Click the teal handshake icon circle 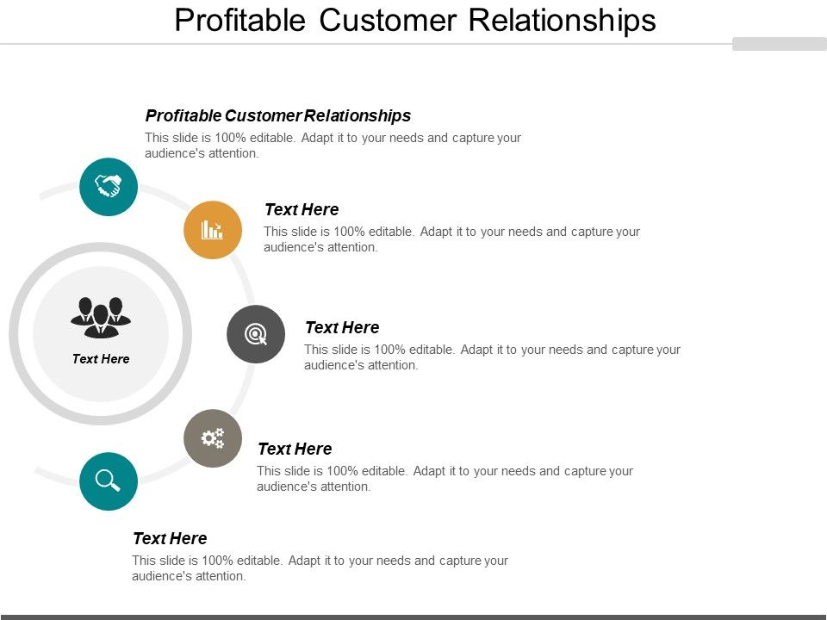(109, 186)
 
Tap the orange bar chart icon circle (213, 230)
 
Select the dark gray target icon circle (256, 334)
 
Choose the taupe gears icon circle (213, 438)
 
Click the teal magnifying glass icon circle (109, 480)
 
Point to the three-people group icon (101, 317)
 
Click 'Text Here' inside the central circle (101, 359)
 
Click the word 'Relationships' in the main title (563, 20)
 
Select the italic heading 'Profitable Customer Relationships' (278, 115)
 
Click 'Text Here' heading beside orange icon (302, 209)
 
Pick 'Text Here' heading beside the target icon (342, 327)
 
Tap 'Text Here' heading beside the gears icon (295, 449)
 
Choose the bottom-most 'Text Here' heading (170, 538)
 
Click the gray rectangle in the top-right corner (779, 44)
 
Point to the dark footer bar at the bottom (413, 617)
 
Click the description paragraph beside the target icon (492, 357)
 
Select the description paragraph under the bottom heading (320, 568)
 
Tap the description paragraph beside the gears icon (445, 479)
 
